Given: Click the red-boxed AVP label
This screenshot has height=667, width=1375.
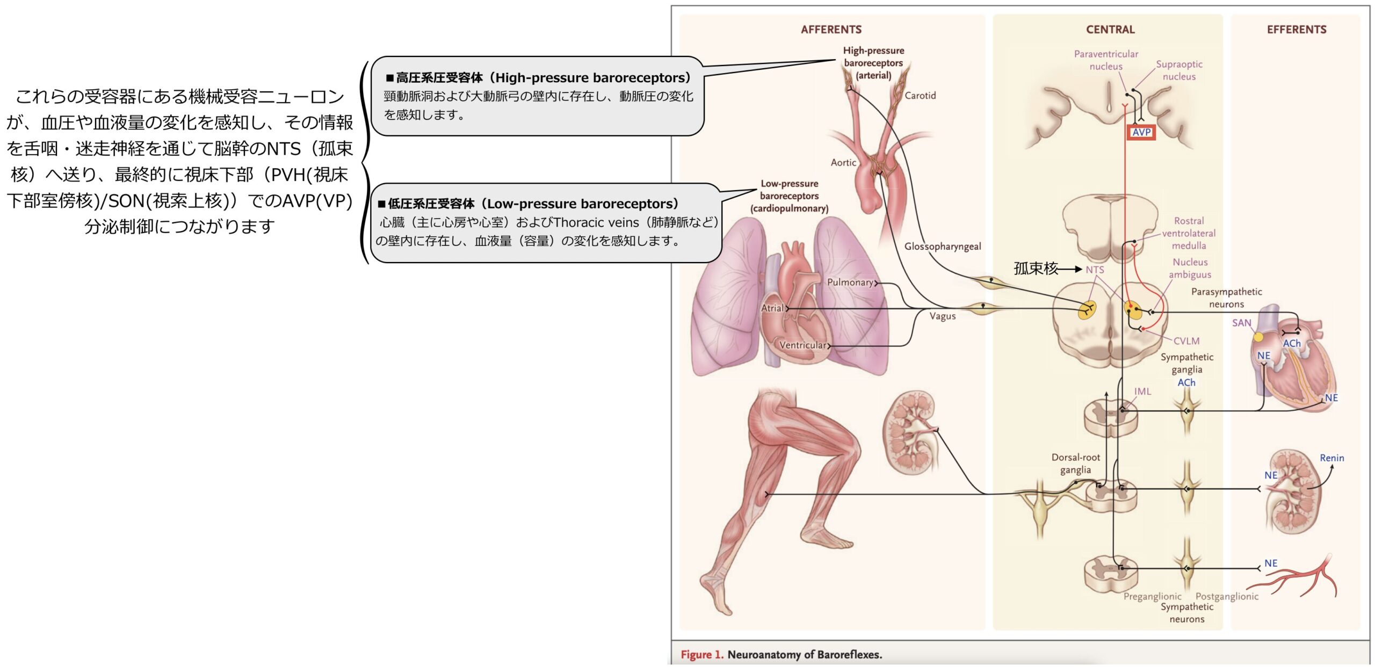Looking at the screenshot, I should click(x=1141, y=132).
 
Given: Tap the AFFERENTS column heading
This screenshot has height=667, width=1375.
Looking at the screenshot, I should click(x=831, y=30).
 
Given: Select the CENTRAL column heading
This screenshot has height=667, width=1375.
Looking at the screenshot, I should click(x=1110, y=30).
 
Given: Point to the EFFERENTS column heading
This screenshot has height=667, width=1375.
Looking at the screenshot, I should click(x=1296, y=30).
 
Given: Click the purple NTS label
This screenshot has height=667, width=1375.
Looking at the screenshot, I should click(x=1095, y=270).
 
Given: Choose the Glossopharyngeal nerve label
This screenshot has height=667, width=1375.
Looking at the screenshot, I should click(x=942, y=247).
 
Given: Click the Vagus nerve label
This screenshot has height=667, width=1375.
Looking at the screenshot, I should click(x=943, y=316).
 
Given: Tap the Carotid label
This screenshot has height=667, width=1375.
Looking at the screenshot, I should click(x=920, y=96).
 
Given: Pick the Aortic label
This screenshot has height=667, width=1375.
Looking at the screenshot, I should click(x=843, y=162).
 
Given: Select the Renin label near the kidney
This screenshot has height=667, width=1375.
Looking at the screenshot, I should click(x=1331, y=458).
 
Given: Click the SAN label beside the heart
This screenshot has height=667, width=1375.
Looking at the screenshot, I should click(x=1241, y=323).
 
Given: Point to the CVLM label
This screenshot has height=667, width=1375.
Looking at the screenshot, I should click(x=1186, y=341).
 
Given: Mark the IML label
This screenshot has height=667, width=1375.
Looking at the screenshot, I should click(x=1142, y=392).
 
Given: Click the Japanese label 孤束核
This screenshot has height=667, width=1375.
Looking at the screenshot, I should click(x=1035, y=269).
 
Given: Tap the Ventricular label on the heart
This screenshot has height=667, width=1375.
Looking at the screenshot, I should click(x=802, y=345).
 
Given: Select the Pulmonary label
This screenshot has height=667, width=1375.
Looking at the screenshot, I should click(x=850, y=282).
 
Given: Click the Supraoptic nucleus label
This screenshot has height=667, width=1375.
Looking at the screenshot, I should click(x=1179, y=70).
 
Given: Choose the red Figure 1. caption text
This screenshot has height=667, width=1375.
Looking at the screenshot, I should click(x=701, y=655).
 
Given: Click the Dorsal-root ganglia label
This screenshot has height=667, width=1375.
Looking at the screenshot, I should click(x=1075, y=463).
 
